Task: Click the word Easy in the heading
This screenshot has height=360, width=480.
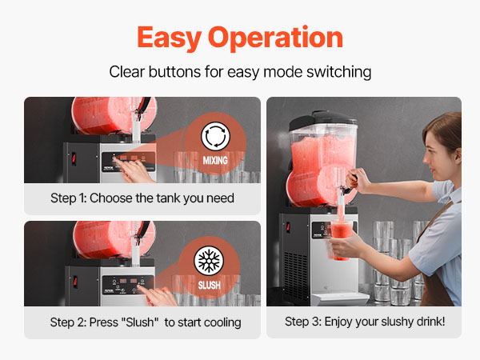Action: pos(169,38)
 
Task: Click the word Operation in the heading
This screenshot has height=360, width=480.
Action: pos(275,38)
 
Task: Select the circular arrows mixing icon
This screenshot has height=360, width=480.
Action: pos(215,137)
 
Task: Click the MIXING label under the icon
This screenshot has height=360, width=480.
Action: pos(215,161)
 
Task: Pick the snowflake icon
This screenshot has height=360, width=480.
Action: pos(209,261)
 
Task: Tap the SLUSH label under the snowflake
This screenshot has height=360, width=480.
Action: pos(210,286)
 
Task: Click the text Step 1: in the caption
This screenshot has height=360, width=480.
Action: pos(69,198)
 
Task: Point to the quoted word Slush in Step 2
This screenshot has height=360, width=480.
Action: pos(140,322)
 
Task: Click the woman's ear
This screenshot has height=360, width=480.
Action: pos(458,155)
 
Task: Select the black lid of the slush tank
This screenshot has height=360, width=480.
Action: pos(322,119)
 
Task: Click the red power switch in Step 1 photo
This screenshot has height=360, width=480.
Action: pos(74,158)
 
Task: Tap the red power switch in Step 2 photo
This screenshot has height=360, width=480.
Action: pos(75,282)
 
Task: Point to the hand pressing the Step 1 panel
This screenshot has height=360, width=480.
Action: pos(134,170)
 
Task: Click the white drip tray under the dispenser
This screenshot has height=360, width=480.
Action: pos(339,298)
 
